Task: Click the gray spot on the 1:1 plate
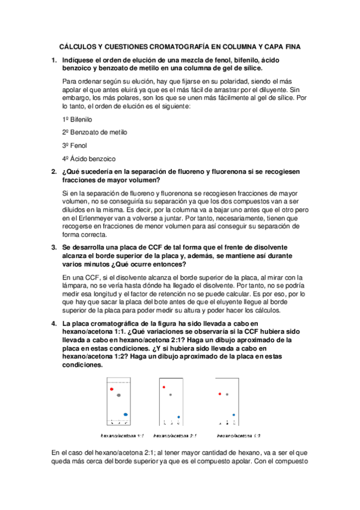[x=119, y=395]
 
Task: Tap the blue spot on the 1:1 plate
[x=126, y=414]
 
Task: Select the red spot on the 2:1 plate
[x=164, y=388]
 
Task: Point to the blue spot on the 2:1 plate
[x=178, y=417]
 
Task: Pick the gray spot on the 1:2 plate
[x=227, y=395]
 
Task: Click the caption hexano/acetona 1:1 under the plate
[x=123, y=435]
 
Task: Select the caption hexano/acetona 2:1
[x=174, y=435]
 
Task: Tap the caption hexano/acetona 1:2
[x=239, y=435]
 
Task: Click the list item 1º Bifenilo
[x=74, y=119]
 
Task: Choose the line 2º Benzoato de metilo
[x=94, y=132]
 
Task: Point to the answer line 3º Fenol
[x=72, y=145]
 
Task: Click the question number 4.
[x=53, y=323]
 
